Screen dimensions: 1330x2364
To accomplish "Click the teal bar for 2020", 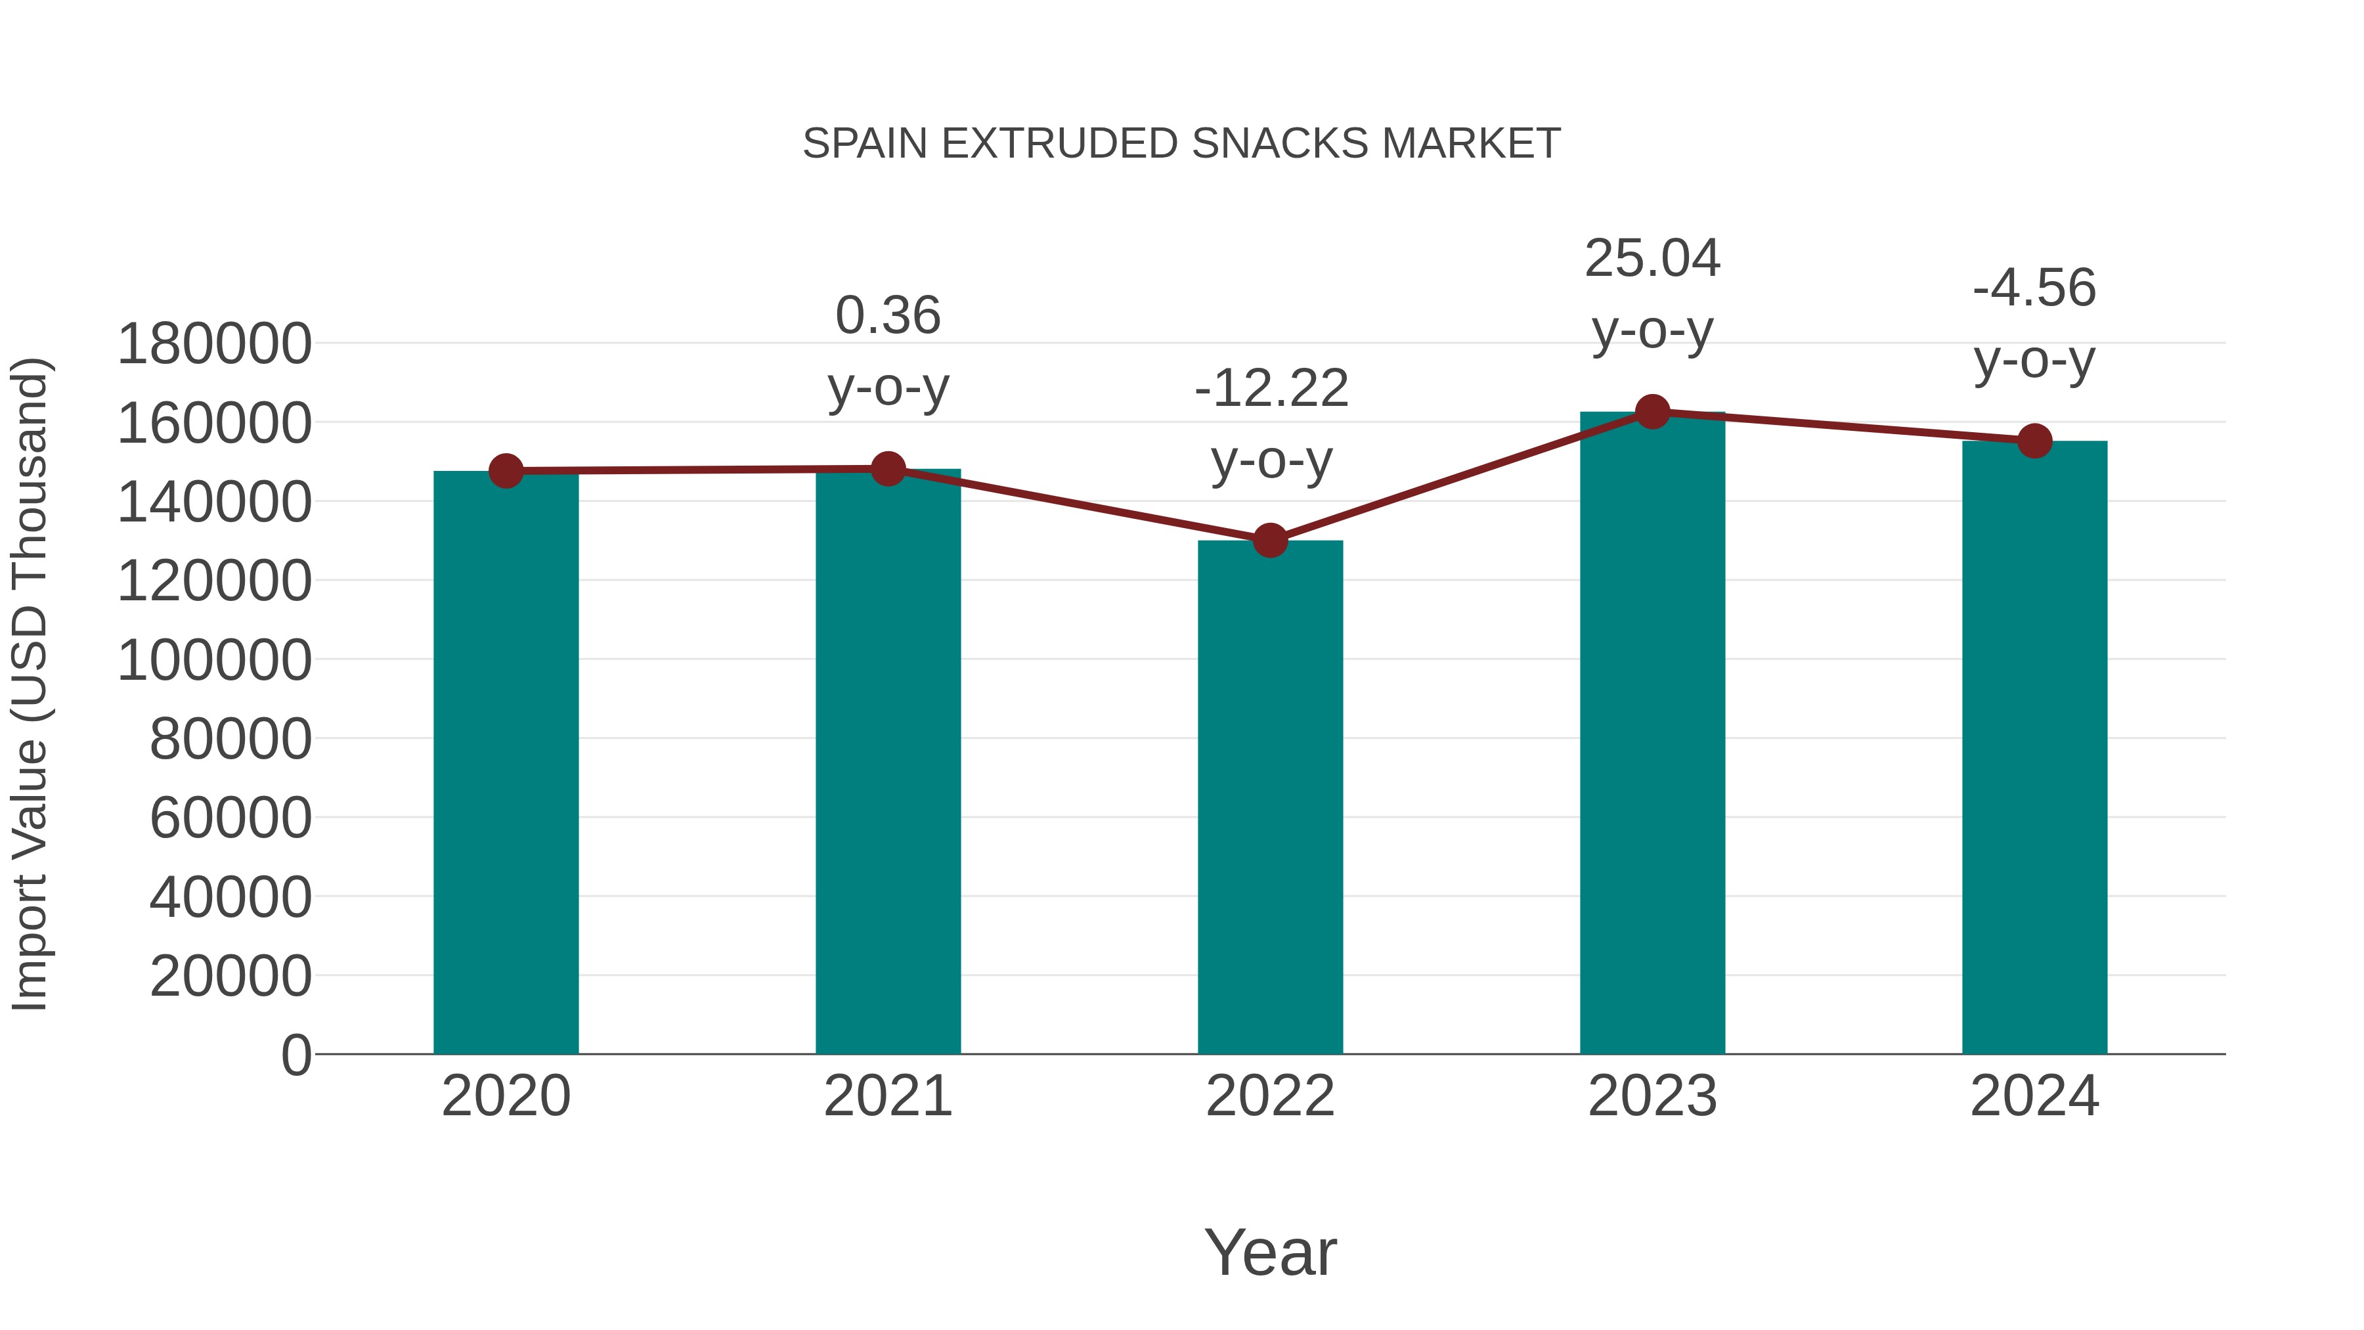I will [x=506, y=762].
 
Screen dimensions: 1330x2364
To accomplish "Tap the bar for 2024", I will [x=2034, y=747].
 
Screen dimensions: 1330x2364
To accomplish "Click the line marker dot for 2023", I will [x=1652, y=412].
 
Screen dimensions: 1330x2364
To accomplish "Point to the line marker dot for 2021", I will [x=887, y=469].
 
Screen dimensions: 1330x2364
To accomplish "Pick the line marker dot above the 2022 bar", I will [x=1270, y=541].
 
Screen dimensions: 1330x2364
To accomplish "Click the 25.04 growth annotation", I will [x=1652, y=258].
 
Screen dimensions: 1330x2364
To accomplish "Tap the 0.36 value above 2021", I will [x=887, y=316].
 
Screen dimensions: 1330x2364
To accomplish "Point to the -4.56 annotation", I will [x=2034, y=288].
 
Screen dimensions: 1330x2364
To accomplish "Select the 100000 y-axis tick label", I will [x=215, y=661].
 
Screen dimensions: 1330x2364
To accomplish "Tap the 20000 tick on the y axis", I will [x=230, y=977].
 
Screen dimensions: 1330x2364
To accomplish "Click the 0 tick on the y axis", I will [x=296, y=1055].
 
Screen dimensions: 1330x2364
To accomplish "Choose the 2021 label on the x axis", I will [x=887, y=1096].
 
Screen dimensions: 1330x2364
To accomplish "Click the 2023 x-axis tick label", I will [x=1652, y=1096].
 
